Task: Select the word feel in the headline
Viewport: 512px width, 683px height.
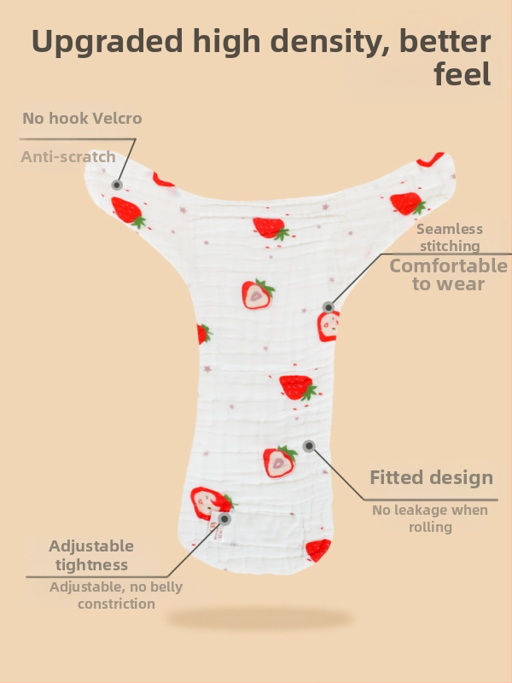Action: [x=462, y=75]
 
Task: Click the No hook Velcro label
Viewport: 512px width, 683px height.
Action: [x=82, y=118]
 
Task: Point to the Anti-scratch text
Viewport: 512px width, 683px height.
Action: [x=68, y=157]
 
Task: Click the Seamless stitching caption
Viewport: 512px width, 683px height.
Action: [x=450, y=237]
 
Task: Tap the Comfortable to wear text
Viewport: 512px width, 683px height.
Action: [x=449, y=275]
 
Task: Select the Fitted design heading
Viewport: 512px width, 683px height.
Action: [x=431, y=477]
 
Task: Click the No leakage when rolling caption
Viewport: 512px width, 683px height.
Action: [x=430, y=518]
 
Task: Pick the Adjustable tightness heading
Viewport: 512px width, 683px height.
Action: [x=91, y=555]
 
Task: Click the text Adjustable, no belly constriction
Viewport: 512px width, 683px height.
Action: [x=116, y=595]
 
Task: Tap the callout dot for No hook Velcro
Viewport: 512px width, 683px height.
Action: [x=117, y=184]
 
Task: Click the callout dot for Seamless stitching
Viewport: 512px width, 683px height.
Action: [x=329, y=306]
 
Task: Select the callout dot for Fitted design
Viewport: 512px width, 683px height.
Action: [x=309, y=446]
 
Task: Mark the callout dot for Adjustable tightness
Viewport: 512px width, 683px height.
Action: [x=224, y=518]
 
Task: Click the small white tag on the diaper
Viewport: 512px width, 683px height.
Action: [x=216, y=534]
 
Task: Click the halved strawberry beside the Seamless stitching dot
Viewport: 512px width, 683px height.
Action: [x=329, y=325]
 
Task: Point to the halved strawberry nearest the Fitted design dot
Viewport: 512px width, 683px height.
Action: [x=279, y=461]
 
